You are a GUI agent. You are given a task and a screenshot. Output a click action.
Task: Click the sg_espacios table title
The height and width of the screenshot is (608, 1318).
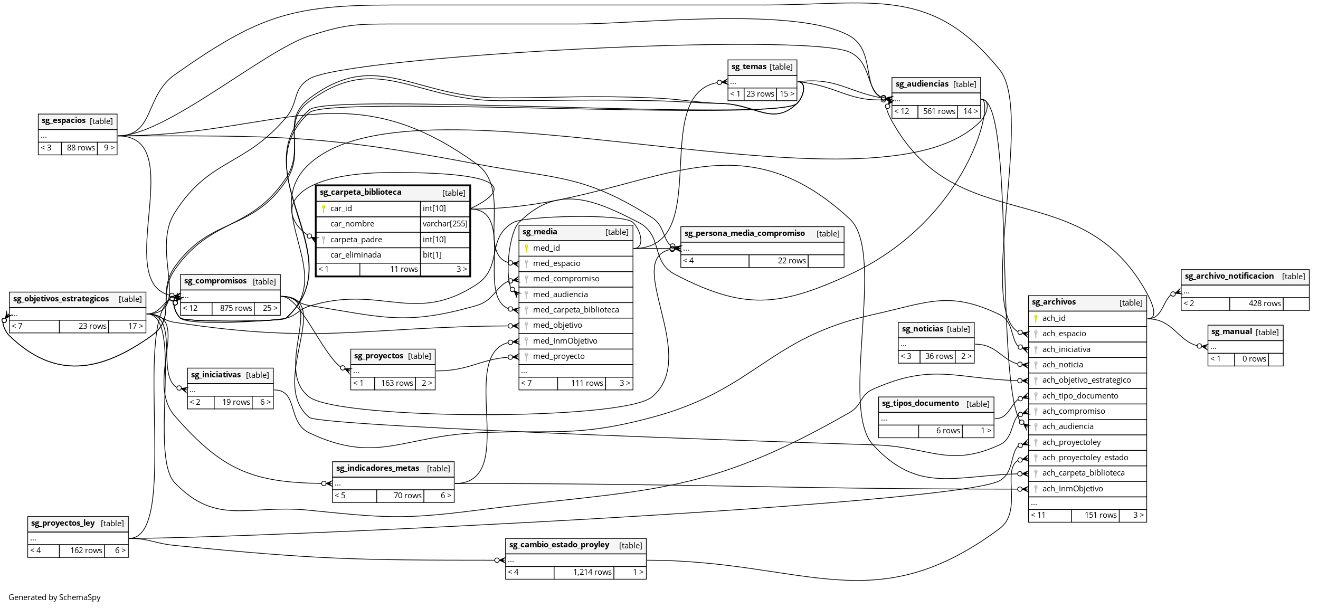(x=63, y=121)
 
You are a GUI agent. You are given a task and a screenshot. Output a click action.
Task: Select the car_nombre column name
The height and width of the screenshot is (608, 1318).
(x=352, y=224)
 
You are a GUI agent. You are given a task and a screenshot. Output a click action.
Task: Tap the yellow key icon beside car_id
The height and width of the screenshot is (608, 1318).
(x=324, y=209)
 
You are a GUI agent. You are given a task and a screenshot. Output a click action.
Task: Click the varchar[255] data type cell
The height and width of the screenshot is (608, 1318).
(x=444, y=224)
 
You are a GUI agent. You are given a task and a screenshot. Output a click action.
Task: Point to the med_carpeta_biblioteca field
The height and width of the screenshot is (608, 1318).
(x=575, y=310)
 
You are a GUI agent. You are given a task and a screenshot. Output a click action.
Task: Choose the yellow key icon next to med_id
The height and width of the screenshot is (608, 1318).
(x=526, y=248)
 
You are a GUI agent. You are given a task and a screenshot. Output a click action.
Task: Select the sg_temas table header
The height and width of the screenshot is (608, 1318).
(x=748, y=67)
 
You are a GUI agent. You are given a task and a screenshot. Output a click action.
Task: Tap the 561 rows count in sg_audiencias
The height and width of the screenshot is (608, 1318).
(x=938, y=111)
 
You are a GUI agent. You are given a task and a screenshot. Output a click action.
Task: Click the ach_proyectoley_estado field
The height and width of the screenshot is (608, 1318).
(x=1085, y=458)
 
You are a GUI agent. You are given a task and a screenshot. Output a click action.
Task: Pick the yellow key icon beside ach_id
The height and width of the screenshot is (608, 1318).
(x=1036, y=318)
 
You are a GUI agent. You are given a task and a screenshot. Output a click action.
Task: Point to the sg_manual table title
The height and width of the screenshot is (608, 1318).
(x=1231, y=332)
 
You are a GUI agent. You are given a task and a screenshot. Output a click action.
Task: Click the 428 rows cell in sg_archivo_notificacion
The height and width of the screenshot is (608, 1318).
(x=1264, y=303)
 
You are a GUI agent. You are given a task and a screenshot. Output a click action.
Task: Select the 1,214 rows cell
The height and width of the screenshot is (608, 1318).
(x=592, y=572)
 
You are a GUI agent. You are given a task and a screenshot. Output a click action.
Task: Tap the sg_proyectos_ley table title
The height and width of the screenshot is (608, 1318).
(x=63, y=523)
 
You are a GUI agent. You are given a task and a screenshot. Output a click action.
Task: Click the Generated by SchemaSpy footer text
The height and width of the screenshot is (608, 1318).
(x=54, y=597)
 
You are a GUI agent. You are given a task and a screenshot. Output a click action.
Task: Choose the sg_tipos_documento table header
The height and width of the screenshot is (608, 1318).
(x=920, y=404)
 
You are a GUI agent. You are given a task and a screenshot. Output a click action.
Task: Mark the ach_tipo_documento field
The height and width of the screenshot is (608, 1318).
(x=1080, y=396)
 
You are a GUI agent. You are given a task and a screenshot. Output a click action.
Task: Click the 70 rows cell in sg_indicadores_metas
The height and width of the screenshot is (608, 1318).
(x=407, y=496)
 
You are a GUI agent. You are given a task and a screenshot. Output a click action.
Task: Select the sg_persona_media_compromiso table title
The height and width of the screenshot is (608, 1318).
(x=744, y=233)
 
